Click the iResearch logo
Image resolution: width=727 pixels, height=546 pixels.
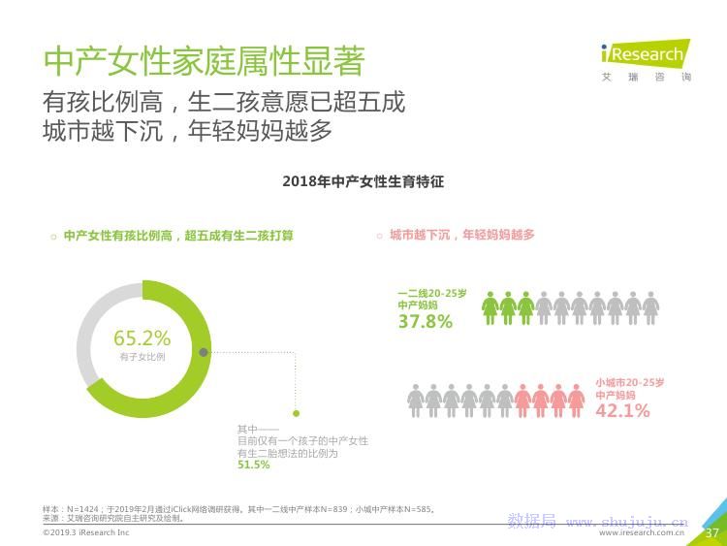coord(642,57)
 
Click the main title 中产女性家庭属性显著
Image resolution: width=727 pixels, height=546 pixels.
coord(205,61)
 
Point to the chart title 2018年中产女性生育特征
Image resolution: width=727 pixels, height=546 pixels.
coord(363,181)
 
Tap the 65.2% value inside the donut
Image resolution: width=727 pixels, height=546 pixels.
coord(142,338)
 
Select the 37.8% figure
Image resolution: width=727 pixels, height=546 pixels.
coord(425,322)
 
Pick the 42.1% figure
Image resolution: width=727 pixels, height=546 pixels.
coord(622,410)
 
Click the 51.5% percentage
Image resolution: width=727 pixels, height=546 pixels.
coord(253,466)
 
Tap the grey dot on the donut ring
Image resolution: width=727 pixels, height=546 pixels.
coord(204,352)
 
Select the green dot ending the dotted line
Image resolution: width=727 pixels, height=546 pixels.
coord(297,412)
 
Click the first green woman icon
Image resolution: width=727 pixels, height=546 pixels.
coord(490,307)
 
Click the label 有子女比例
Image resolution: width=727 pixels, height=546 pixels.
coord(142,358)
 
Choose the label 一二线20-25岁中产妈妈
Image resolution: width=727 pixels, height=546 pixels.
coord(431,299)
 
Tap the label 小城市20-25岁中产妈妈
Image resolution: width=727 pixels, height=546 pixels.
coord(629,388)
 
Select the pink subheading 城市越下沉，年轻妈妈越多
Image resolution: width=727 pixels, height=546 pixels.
coord(461,235)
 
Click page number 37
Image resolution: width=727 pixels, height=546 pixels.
coord(711,532)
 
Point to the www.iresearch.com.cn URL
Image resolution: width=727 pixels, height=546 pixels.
coord(641,532)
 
